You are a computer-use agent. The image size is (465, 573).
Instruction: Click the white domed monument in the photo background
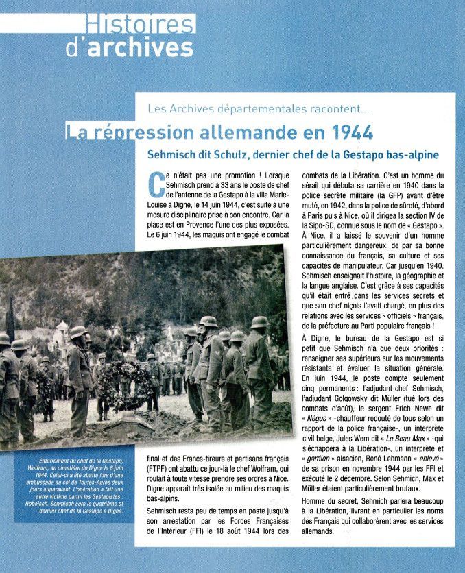(x=64, y=330)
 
